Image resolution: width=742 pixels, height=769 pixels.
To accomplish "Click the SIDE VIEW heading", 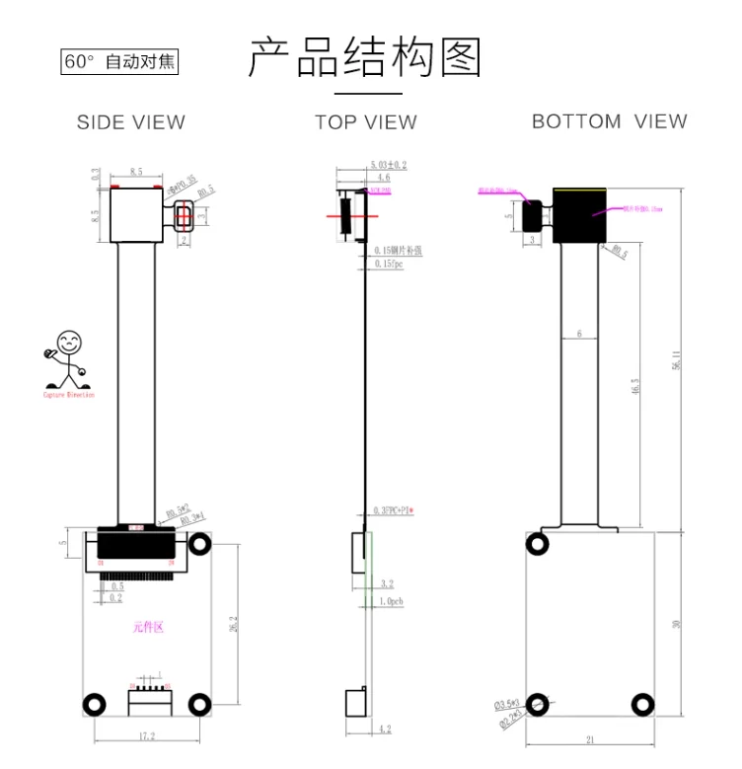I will (131, 122).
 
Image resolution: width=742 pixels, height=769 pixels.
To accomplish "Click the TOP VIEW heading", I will (366, 122).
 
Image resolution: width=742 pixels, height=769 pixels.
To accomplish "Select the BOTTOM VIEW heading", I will (609, 121).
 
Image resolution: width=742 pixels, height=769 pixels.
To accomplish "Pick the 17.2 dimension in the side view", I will (147, 735).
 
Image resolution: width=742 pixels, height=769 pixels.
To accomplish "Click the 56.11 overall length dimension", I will (676, 360).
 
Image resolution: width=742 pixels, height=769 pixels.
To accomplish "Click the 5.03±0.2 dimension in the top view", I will (389, 164).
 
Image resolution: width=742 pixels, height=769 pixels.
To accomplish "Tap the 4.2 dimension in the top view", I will (384, 730).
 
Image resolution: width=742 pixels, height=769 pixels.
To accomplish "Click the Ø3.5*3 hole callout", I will (507, 704).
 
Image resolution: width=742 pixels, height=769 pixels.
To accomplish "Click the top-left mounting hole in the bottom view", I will (539, 544).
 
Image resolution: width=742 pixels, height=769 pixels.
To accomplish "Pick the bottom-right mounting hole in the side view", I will (199, 704).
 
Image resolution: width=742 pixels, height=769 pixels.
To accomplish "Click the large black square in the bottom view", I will (578, 215).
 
